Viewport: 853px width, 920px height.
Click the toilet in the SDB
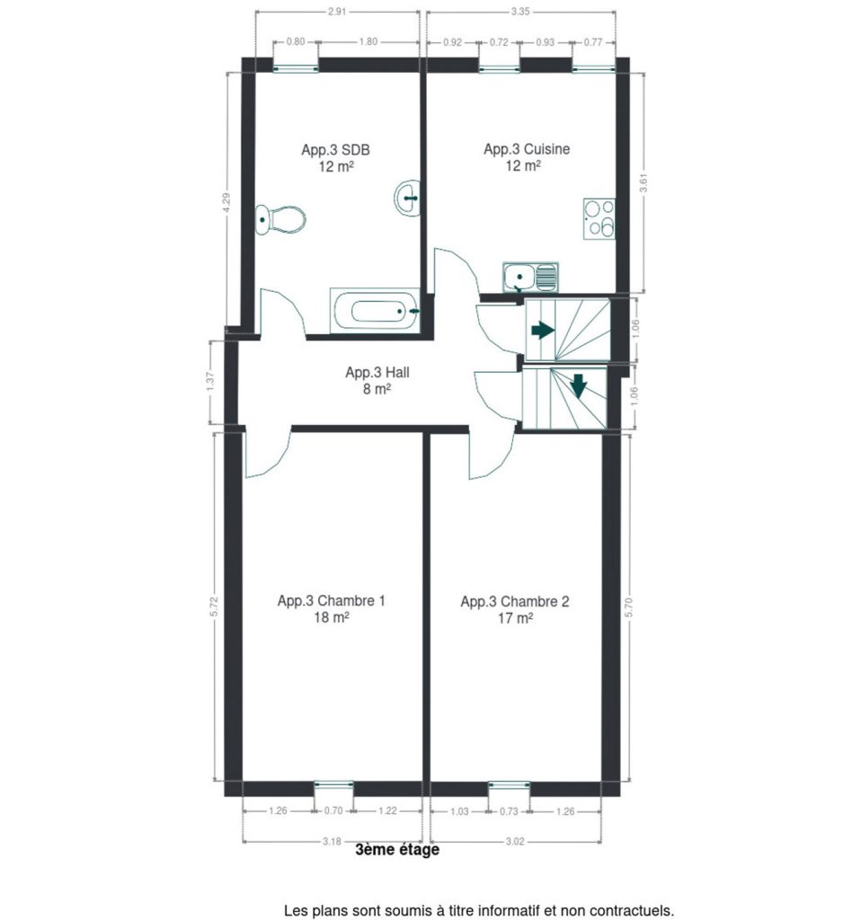[x=280, y=219]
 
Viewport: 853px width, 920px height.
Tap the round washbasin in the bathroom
[x=407, y=198]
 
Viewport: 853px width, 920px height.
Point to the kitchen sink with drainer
[x=530, y=277]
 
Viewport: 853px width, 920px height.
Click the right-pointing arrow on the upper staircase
[x=543, y=330]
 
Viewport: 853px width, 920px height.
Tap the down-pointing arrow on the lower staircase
[x=579, y=385]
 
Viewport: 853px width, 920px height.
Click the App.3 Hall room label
[x=377, y=372]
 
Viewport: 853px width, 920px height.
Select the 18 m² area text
[x=332, y=617]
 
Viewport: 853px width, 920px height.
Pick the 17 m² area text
[x=515, y=618]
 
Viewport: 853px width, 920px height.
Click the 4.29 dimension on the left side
[x=227, y=203]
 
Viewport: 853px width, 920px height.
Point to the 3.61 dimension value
[x=644, y=181]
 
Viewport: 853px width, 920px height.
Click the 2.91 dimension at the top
[x=337, y=11]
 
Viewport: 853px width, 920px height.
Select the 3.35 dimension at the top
[x=520, y=11]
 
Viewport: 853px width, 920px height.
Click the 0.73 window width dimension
[x=509, y=811]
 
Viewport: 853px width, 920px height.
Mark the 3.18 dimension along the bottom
[x=332, y=841]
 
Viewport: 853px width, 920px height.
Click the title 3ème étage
[x=397, y=850]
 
